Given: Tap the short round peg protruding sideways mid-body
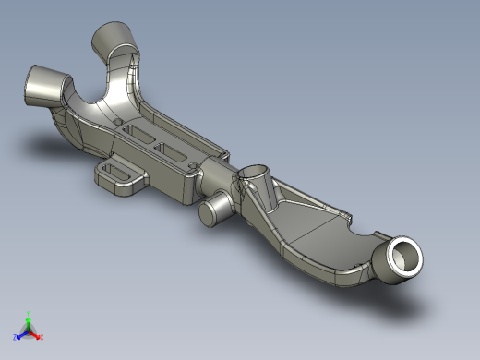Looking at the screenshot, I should tap(215, 210).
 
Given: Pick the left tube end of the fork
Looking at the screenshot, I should tap(42, 86).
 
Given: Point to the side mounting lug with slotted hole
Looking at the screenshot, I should tap(118, 174).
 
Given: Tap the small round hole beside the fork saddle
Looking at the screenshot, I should tap(117, 122).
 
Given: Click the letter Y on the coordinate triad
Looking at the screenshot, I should tap(29, 313).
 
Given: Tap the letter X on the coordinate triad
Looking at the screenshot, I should tap(42, 337).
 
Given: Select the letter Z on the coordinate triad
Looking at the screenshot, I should tap(16, 337).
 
